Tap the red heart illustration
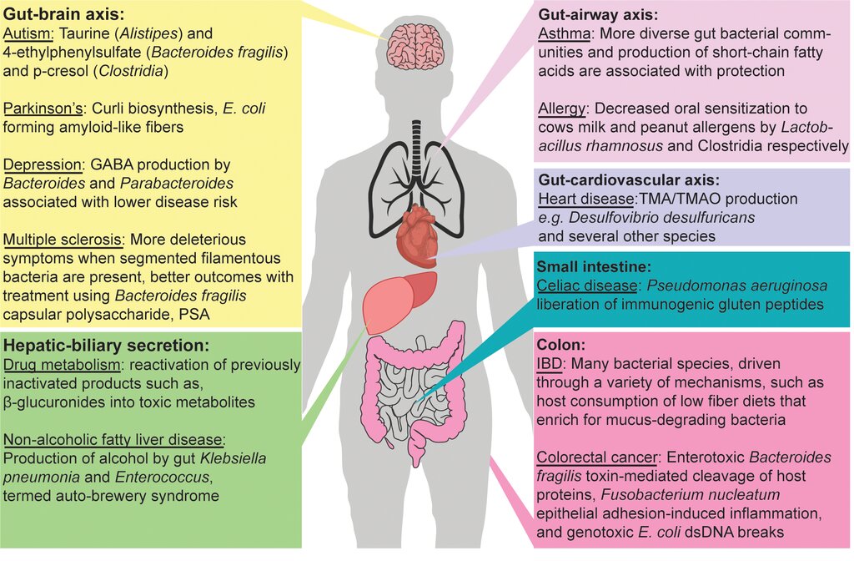pyautogui.click(x=418, y=235)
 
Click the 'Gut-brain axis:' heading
pyautogui.click(x=63, y=13)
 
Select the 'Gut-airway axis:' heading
pyautogui.click(x=598, y=15)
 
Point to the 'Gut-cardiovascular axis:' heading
pyautogui.click(x=629, y=180)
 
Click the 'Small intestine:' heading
pyautogui.click(x=594, y=266)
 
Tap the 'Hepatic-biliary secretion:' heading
pyautogui.click(x=106, y=346)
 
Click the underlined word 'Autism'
pyautogui.click(x=28, y=33)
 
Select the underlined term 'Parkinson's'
pyautogui.click(x=43, y=109)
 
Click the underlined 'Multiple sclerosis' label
pyautogui.click(x=63, y=240)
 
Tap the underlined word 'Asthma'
pyautogui.click(x=565, y=33)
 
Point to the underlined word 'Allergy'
pyautogui.click(x=561, y=109)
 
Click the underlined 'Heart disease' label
pyautogui.click(x=586, y=199)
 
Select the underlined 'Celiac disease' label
pyautogui.click(x=587, y=286)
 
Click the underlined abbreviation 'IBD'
pyautogui.click(x=549, y=364)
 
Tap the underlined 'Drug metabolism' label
pyautogui.click(x=62, y=365)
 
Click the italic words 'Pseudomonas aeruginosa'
pyautogui.click(x=737, y=286)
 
